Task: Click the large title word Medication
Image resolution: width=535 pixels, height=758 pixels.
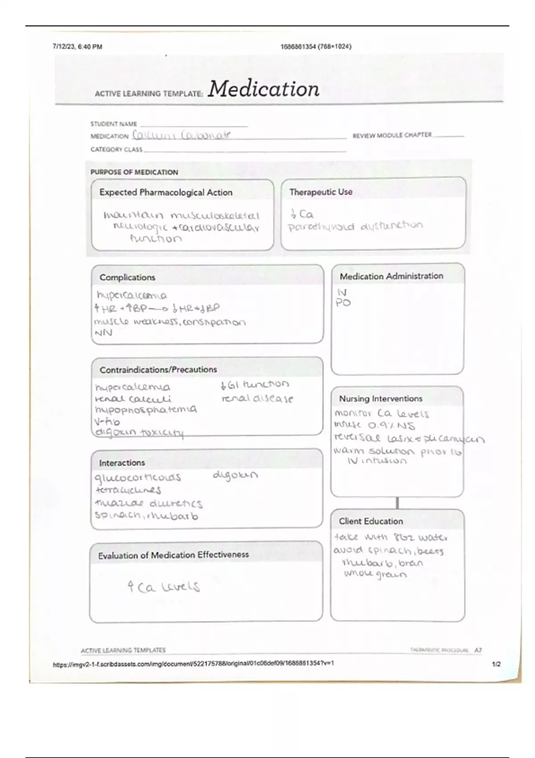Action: coord(263,89)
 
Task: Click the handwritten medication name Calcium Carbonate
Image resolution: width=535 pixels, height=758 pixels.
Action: coord(182,135)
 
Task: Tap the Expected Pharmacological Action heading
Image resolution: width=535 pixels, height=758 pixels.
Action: coord(166,193)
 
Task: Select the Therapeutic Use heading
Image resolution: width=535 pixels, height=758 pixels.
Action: coord(321,192)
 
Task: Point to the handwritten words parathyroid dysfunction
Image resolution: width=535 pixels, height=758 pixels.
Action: coord(355,226)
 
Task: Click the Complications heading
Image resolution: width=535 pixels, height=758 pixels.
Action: coord(128,277)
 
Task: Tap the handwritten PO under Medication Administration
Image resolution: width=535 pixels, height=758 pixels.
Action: coord(343,303)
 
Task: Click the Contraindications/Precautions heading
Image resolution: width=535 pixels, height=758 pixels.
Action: coord(158,370)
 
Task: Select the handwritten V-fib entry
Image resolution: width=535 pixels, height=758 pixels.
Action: coord(107,421)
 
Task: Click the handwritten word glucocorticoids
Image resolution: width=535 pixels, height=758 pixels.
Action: coord(138,478)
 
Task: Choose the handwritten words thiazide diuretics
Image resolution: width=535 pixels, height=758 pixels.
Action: coord(148,503)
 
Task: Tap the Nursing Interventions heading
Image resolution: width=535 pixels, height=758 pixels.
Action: coord(381,399)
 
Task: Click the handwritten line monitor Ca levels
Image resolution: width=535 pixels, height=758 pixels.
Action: coord(382,414)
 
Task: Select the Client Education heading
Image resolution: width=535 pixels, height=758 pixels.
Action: coord(371,521)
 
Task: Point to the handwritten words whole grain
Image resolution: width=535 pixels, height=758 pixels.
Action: coord(375,574)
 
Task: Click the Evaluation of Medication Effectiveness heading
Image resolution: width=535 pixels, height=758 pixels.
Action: coord(173,555)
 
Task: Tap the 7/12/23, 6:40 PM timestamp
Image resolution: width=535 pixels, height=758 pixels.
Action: coord(77,46)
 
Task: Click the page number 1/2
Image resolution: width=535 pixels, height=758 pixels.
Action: coord(496,664)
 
